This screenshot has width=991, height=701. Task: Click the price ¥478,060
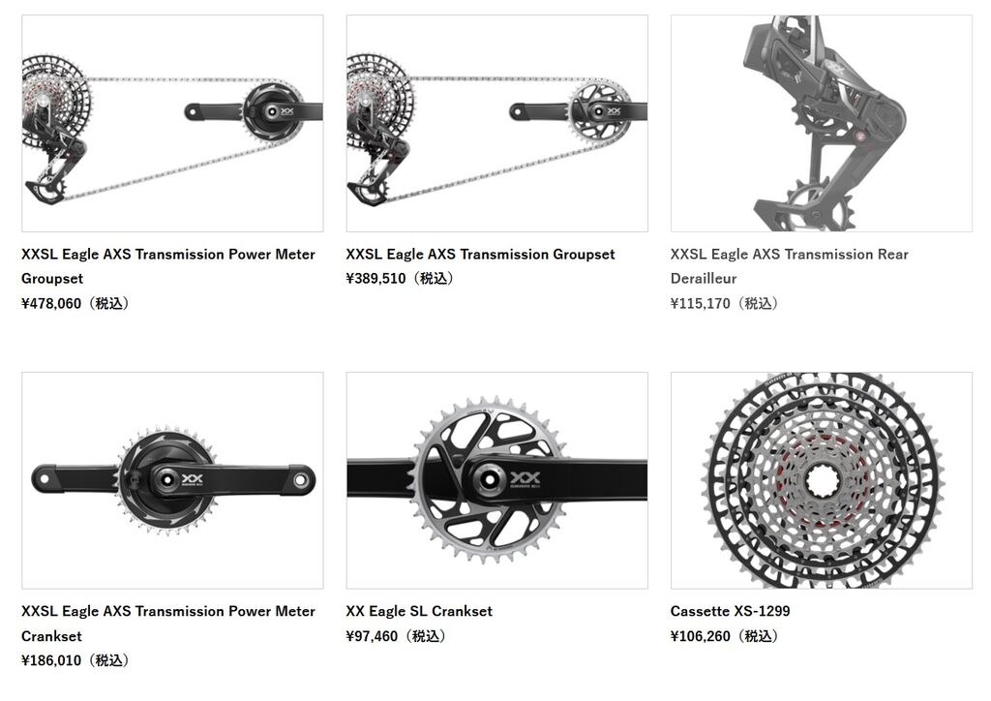52,303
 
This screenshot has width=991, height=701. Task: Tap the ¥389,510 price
376,278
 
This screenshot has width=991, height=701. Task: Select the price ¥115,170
701,303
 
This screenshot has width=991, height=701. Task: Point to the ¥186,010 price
52,660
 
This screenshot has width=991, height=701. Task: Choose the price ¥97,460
372,636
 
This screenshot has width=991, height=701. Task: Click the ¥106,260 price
701,636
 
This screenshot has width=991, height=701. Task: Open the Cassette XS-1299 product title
730,611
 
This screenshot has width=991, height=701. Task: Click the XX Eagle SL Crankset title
419,611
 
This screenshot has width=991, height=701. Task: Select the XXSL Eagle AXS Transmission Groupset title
480,254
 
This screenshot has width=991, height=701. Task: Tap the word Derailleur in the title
704,279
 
